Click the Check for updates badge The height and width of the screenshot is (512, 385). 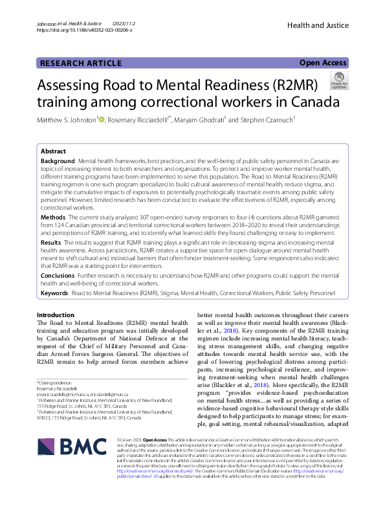point(339,80)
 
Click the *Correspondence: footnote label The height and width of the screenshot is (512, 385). point(56,383)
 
